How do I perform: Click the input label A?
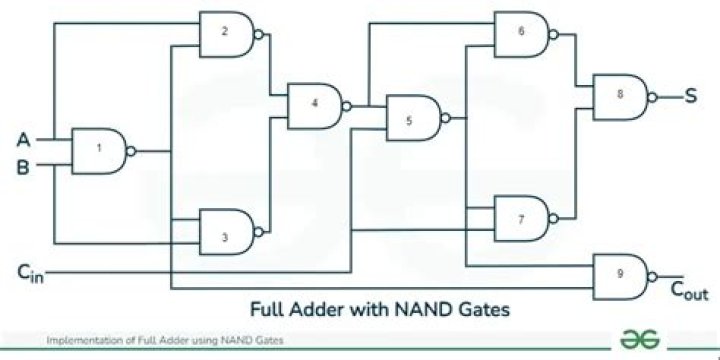point(23,140)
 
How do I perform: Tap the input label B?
point(23,166)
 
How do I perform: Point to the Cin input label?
point(29,271)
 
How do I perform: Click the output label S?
point(690,97)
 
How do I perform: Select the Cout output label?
point(688,292)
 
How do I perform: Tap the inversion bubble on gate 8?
point(652,97)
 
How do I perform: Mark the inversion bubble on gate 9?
point(652,275)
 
